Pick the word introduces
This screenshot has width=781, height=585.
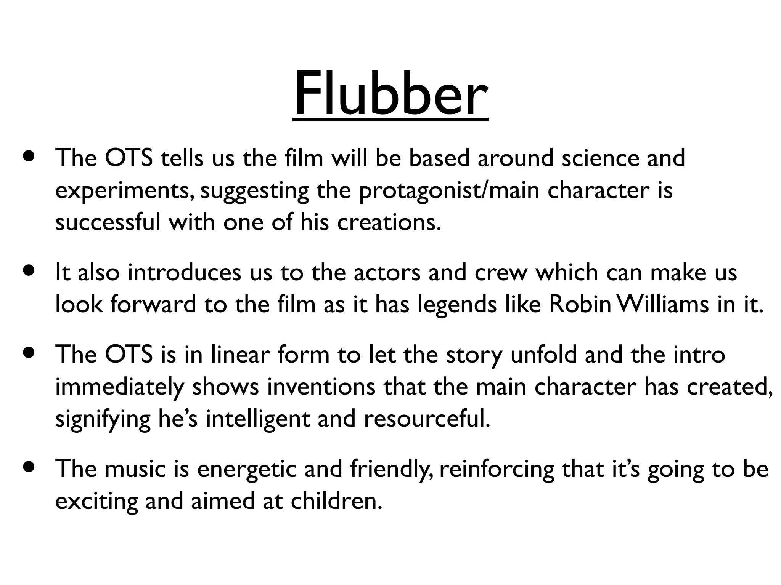coord(185,272)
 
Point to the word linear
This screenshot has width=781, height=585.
coord(240,355)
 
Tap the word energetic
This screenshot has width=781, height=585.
coord(246,469)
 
